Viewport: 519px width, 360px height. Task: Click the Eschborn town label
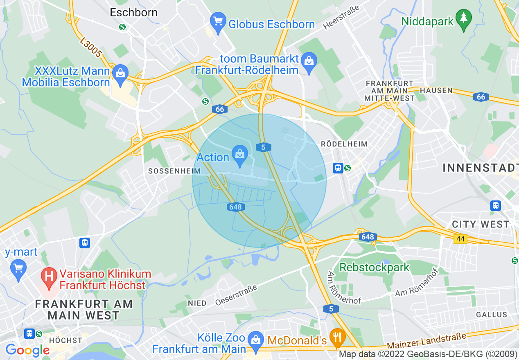point(133,12)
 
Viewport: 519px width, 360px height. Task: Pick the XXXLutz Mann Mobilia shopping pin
point(120,75)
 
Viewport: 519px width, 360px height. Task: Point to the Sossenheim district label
point(174,171)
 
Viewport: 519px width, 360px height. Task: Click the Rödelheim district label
point(344,144)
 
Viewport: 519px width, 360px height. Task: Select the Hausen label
point(436,90)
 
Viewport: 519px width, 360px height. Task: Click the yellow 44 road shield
point(460,239)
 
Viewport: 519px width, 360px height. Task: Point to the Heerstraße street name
point(341,18)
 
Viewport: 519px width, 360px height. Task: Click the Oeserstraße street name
point(237,295)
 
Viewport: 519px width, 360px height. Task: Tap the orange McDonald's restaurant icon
point(338,337)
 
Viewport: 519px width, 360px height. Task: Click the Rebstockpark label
point(375,268)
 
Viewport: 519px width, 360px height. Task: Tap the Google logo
point(27,350)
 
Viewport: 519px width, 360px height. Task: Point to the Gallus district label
point(492,315)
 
